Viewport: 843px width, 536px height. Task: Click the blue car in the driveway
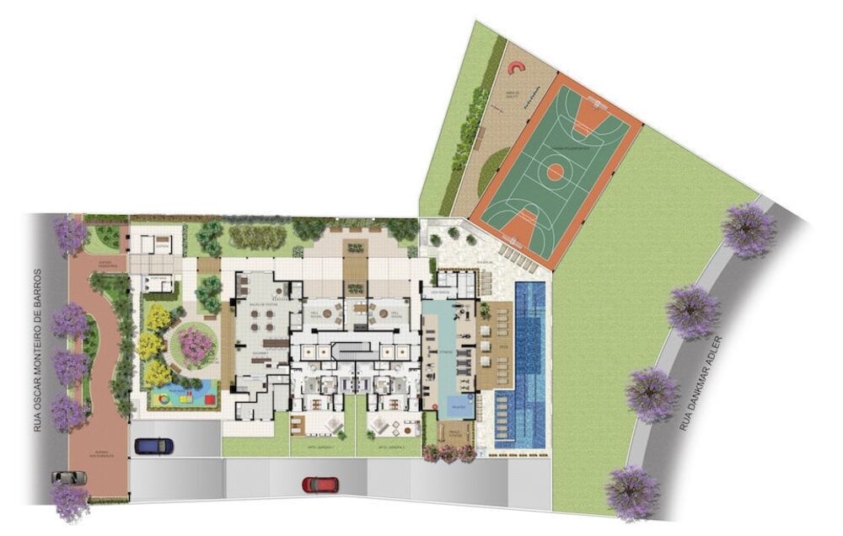152,444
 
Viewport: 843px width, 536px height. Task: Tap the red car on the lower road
320,485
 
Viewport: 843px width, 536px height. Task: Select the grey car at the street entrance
69,477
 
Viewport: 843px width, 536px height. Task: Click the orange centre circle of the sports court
555,173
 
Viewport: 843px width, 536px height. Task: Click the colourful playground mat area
179,393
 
